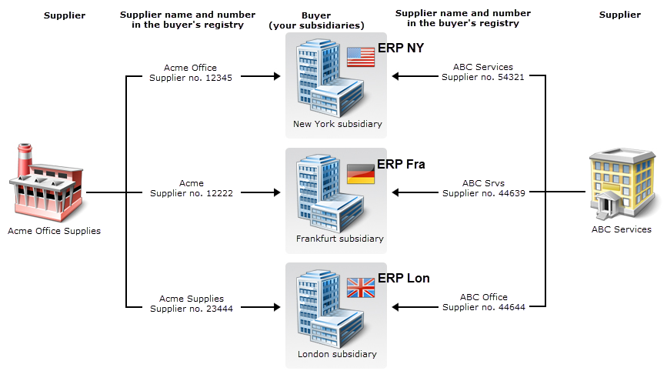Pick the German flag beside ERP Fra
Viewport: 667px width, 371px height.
[x=360, y=173]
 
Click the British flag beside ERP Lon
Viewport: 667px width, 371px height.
[x=360, y=288]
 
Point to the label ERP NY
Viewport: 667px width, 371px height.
[x=401, y=48]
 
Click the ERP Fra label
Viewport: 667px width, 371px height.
[x=401, y=164]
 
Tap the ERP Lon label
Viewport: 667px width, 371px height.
[x=403, y=279]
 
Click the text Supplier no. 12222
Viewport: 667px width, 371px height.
[x=191, y=193]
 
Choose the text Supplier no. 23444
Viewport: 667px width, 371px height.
[x=191, y=308]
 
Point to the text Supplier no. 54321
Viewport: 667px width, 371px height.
[x=483, y=77]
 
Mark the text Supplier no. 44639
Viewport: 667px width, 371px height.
[x=483, y=193]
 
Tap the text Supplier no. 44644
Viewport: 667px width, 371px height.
[x=483, y=308]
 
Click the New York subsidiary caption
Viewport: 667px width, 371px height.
[x=337, y=124]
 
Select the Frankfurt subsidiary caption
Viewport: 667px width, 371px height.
[x=339, y=239]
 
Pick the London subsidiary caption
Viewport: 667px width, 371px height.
[x=337, y=354]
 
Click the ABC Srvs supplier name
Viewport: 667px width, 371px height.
[x=483, y=183]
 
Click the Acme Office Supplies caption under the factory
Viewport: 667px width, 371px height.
[x=54, y=231]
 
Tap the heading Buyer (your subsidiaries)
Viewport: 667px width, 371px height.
[x=315, y=20]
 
